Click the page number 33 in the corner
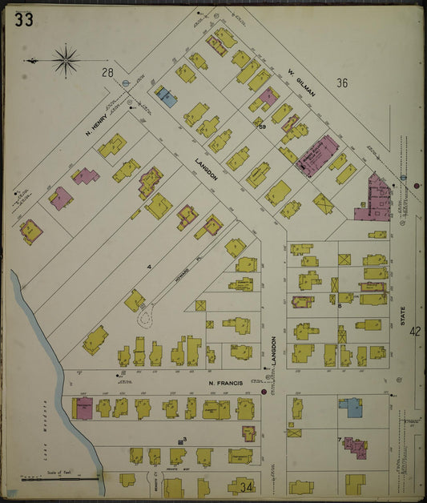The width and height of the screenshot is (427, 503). [x=23, y=20]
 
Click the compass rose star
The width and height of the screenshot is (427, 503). [x=66, y=58]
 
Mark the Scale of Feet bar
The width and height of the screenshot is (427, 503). [x=60, y=479]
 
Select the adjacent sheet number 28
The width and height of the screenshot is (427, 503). [x=107, y=73]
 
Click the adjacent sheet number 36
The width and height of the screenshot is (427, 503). [x=343, y=82]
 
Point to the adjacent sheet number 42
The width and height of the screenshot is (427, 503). [x=414, y=331]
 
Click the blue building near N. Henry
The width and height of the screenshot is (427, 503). [x=167, y=98]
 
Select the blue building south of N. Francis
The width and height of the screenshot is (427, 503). [x=350, y=408]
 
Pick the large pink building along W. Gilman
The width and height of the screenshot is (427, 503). [x=317, y=155]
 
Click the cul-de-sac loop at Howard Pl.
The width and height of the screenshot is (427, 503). [x=146, y=318]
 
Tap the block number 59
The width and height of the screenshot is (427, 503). [x=262, y=126]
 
